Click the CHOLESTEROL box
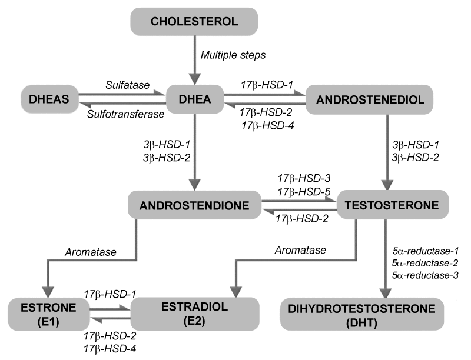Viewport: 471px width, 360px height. [194, 22]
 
